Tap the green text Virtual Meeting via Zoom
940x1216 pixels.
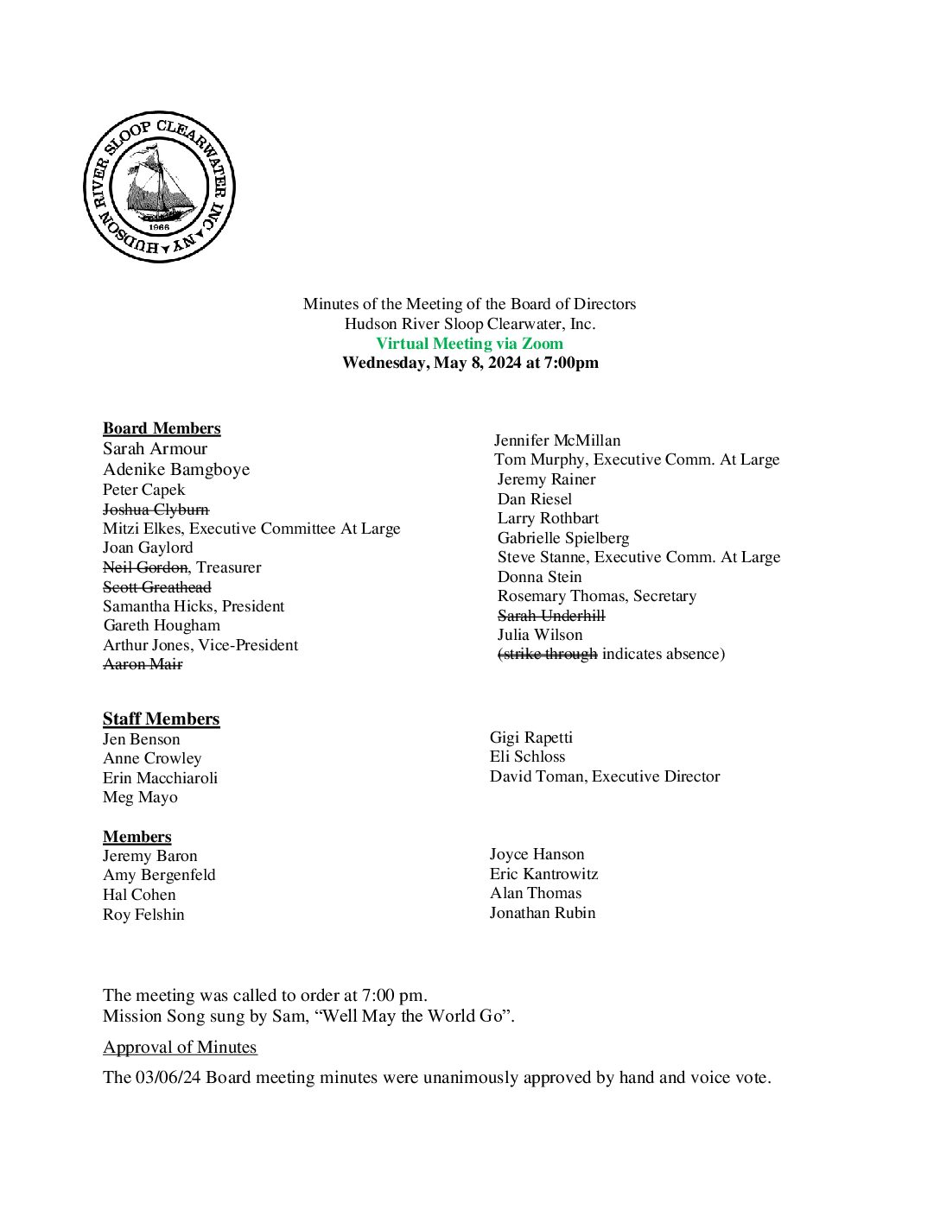coord(469,344)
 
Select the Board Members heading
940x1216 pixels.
coord(162,428)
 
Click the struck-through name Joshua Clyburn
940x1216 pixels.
coord(156,510)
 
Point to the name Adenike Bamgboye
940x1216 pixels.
coord(176,470)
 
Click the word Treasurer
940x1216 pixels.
coord(229,567)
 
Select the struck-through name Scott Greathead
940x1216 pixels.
coord(156,587)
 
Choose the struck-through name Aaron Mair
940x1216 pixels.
coord(143,664)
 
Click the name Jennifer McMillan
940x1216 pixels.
coord(557,440)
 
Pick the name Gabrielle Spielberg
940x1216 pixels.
coord(563,538)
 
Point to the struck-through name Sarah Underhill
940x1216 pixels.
coord(551,616)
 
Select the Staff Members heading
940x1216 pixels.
coord(161,719)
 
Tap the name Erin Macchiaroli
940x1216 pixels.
coord(160,778)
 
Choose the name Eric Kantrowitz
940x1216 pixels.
coord(543,874)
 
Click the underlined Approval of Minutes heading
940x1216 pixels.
coord(180,1048)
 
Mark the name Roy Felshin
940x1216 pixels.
coord(143,915)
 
